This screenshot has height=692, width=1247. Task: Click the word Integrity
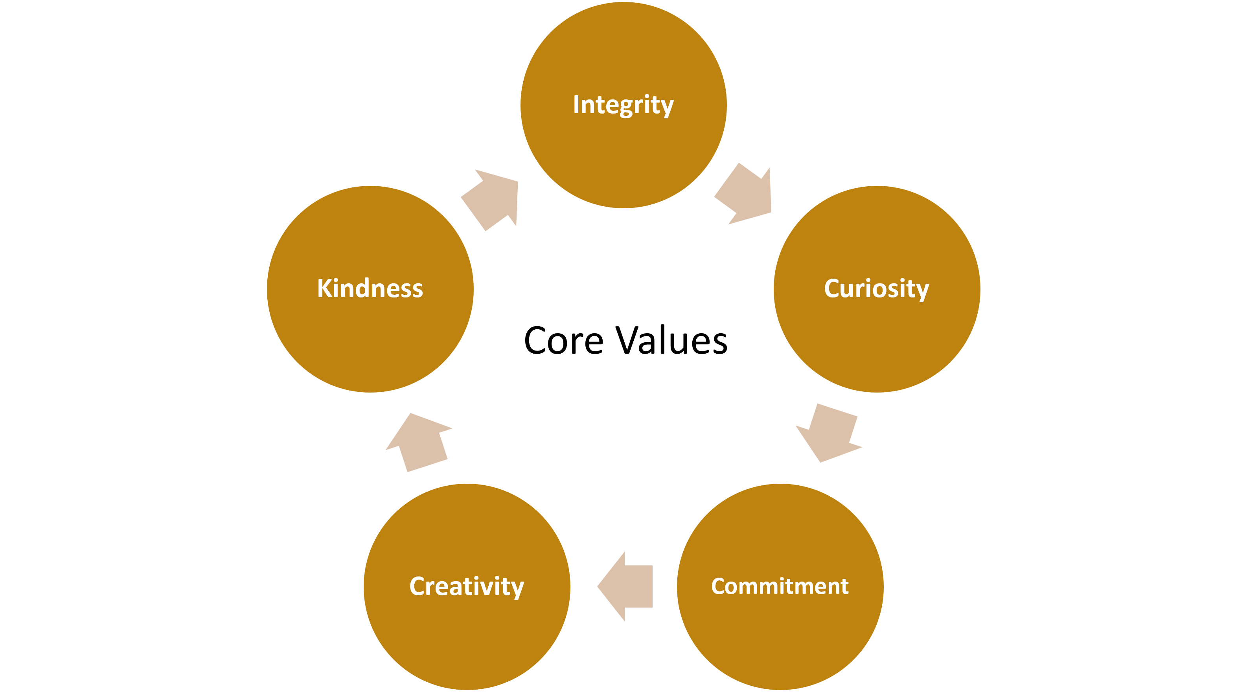pyautogui.click(x=623, y=105)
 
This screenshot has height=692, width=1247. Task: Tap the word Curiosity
pyautogui.click(x=876, y=289)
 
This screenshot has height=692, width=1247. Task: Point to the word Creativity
pyautogui.click(x=467, y=587)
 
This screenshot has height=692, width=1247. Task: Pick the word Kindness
pyautogui.click(x=370, y=289)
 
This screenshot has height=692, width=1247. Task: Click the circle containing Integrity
pyautogui.click(x=623, y=155)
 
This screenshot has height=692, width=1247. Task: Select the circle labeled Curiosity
pyautogui.click(x=877, y=339)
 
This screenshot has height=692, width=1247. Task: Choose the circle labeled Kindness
pyautogui.click(x=370, y=339)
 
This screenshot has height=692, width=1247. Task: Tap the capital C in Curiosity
pyautogui.click(x=833, y=288)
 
